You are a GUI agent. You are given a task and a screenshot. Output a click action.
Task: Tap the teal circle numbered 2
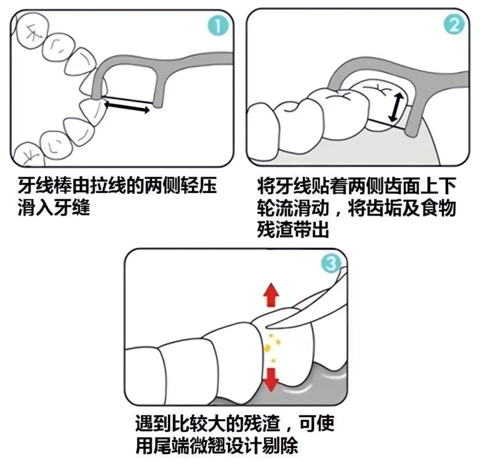click(454, 24)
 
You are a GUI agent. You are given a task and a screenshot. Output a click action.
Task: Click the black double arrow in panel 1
click(127, 107)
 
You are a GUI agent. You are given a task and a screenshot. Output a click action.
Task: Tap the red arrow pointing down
click(271, 379)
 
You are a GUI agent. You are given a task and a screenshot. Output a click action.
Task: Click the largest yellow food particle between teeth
click(267, 347)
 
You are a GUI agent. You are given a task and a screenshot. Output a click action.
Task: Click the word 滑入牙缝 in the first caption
click(54, 207)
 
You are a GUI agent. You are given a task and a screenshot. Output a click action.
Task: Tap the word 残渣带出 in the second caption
click(293, 229)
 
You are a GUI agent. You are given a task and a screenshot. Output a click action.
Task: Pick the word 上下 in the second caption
click(439, 185)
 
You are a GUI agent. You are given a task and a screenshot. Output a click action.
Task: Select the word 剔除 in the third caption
click(280, 445)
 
